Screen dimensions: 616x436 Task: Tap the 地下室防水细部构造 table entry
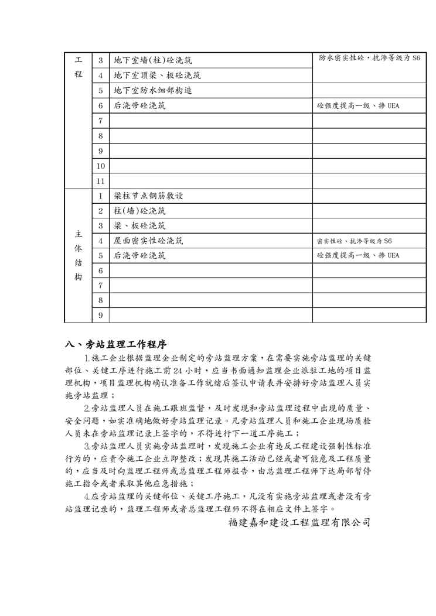[153, 91]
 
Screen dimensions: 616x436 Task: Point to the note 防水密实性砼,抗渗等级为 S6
[369, 59]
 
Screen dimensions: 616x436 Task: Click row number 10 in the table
[100, 166]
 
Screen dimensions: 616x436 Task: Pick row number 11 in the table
[100, 181]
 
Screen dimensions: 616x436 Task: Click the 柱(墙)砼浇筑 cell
[139, 211]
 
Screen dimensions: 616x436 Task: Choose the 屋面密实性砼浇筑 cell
[148, 241]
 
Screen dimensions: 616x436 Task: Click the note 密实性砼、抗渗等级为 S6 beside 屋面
[354, 241]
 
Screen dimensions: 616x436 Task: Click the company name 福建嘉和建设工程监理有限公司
[299, 521]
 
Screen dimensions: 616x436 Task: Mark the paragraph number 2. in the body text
[88, 408]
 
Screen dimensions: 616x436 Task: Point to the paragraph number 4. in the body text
[88, 497]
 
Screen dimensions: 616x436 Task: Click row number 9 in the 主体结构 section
[100, 316]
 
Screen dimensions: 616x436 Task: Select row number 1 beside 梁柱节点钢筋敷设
[100, 196]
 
